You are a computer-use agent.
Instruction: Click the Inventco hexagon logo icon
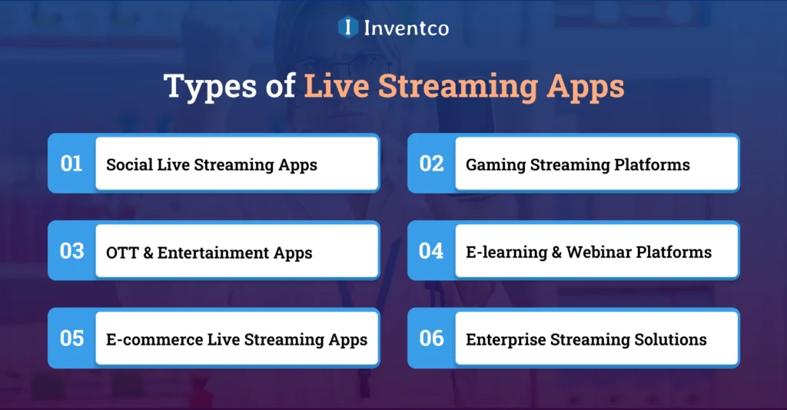348,28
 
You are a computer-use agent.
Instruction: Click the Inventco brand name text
405,28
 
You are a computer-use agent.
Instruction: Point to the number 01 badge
71,164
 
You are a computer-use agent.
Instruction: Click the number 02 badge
431,164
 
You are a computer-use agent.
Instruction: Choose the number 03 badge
71,251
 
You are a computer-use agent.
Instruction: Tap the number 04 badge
431,251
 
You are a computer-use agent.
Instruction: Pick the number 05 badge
71,339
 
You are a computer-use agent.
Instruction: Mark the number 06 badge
431,339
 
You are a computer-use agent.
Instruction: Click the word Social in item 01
127,164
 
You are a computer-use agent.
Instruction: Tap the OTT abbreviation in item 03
121,253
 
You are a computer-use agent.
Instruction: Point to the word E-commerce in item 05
154,339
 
